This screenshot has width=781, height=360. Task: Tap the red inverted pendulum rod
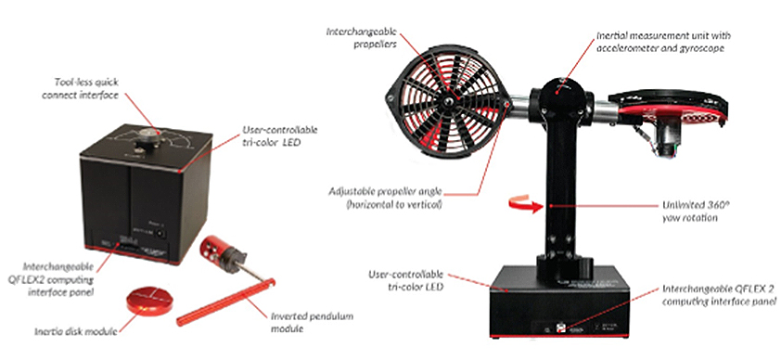point(225,302)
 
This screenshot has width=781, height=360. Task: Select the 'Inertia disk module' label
point(77,331)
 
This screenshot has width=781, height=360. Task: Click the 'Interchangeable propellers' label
point(362,38)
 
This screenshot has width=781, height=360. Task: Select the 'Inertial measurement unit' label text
point(664,43)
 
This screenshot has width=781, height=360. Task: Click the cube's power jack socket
point(160,234)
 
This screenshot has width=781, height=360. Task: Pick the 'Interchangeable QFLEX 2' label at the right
point(719,295)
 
